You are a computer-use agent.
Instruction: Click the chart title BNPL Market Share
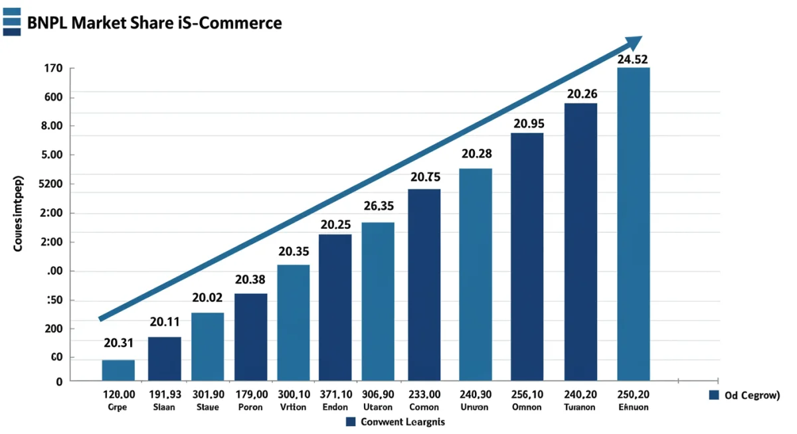click(x=155, y=23)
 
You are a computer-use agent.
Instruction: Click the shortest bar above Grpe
click(x=118, y=370)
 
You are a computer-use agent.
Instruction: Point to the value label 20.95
click(x=529, y=123)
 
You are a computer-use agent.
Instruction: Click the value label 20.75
click(x=425, y=177)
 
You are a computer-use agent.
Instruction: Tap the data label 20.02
click(x=207, y=299)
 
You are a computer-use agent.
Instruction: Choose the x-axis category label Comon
click(x=424, y=407)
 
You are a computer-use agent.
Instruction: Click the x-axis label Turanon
click(x=580, y=407)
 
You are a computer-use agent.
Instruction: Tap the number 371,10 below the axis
click(x=335, y=394)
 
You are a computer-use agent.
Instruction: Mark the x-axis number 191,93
click(x=163, y=394)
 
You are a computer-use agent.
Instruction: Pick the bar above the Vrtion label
click(x=294, y=323)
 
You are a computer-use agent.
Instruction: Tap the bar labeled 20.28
click(x=476, y=274)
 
